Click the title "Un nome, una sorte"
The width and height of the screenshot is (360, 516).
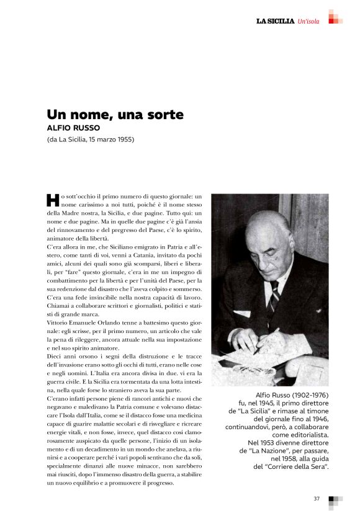[115, 115]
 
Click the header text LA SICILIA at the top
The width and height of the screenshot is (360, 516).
[275, 22]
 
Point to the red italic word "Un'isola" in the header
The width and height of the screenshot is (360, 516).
[308, 22]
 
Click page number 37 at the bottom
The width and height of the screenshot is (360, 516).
[317, 498]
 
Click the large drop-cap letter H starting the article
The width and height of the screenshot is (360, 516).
[53, 199]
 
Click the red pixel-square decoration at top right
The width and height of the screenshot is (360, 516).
[335, 17]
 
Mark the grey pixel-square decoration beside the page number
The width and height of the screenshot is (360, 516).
[335, 501]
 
